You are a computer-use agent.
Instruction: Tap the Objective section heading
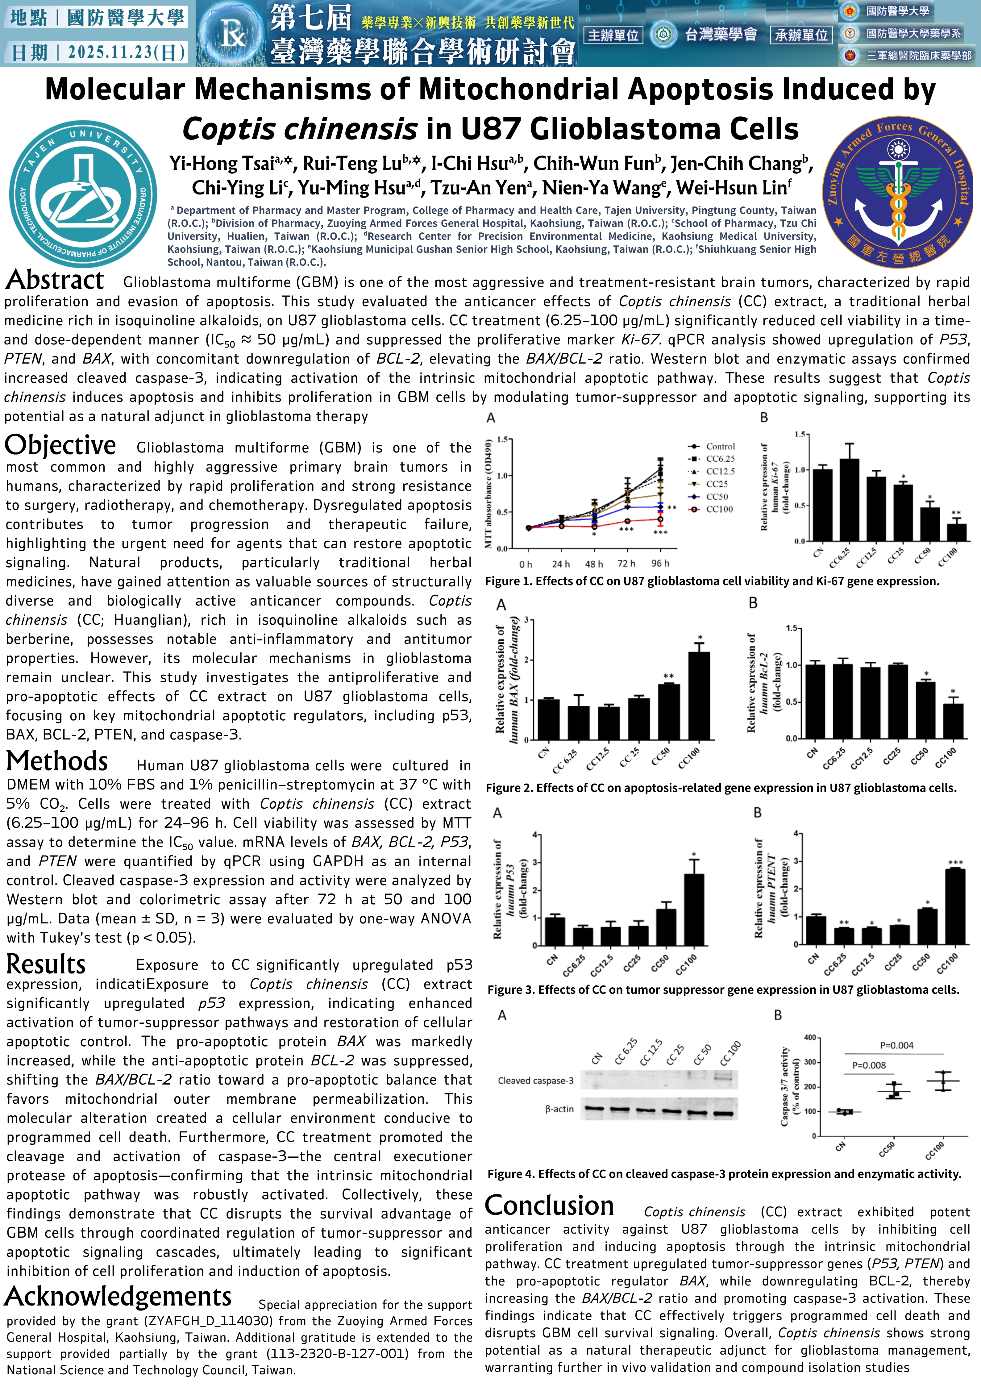point(60,445)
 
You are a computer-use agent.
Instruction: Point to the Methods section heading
point(57,762)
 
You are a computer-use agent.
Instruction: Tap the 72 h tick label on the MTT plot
point(626,564)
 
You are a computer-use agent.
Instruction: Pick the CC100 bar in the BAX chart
point(699,695)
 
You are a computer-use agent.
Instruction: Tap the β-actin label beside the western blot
point(559,1109)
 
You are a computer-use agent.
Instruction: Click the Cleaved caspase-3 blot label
point(535,1081)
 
